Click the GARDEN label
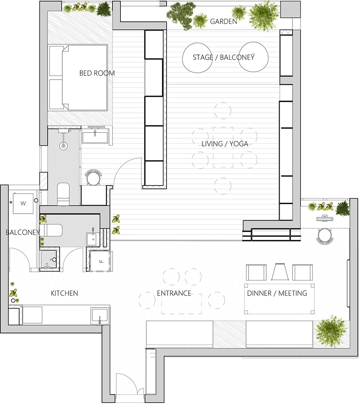(223, 21)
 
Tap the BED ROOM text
(97, 73)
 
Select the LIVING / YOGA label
(225, 144)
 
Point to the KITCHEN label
(64, 293)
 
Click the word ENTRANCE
(174, 293)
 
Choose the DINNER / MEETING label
(277, 293)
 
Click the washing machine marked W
(23, 204)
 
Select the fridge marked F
(100, 261)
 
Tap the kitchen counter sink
(100, 315)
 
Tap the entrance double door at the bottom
(130, 385)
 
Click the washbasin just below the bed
(96, 136)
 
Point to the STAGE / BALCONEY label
(223, 57)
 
